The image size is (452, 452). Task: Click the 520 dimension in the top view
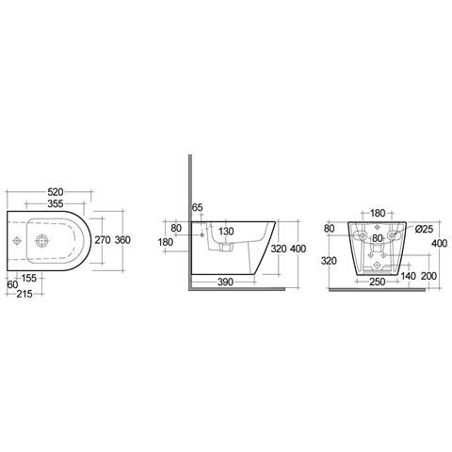(x=56, y=192)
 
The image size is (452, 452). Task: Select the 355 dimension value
(x=56, y=203)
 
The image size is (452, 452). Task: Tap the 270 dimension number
(x=103, y=240)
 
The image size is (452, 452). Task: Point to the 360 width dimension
(x=122, y=240)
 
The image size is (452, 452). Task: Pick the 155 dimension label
(x=28, y=278)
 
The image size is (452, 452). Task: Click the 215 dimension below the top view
(x=24, y=294)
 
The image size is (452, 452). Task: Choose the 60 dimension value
(x=12, y=285)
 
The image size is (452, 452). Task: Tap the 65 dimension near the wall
(x=198, y=207)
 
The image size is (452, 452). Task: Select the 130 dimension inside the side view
(x=226, y=232)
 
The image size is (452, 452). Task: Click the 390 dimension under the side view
(x=225, y=282)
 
